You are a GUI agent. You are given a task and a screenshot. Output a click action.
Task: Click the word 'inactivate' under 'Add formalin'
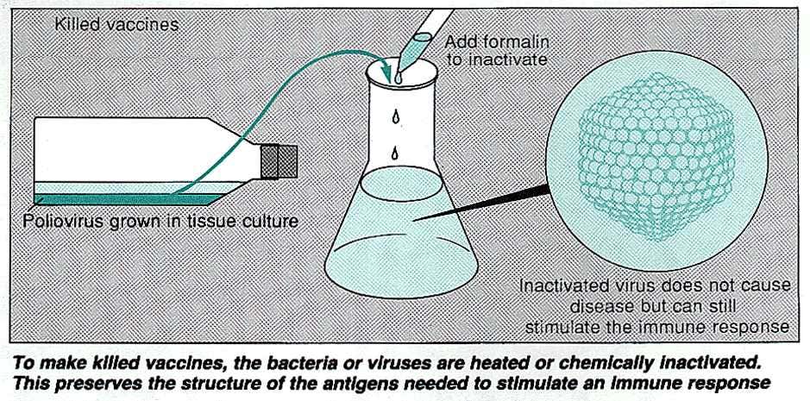pos(496,60)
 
